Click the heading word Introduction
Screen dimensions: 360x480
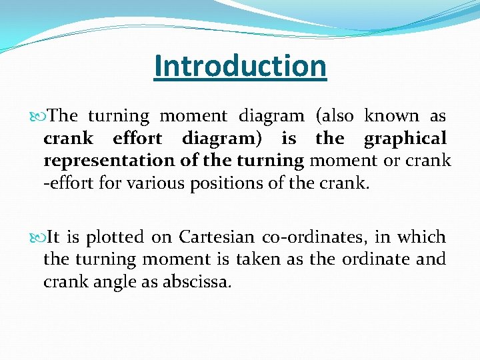[240, 66]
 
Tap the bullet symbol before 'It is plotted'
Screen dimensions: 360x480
[37, 237]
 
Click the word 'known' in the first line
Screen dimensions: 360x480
[392, 117]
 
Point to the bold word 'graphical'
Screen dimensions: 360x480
[405, 139]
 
